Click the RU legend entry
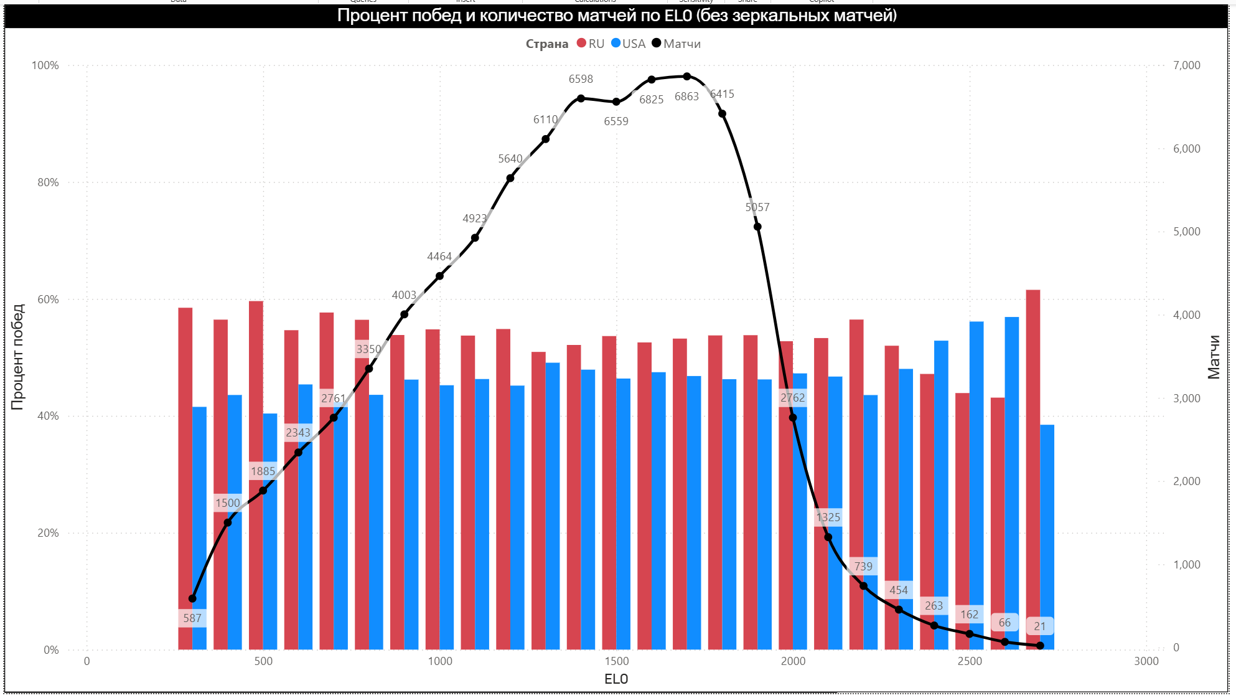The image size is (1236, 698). point(591,44)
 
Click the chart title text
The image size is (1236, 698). point(617,16)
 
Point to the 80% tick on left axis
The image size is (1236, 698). point(48,182)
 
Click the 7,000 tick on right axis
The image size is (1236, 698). point(1186,65)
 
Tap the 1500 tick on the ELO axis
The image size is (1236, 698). point(616,661)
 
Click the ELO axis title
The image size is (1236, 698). point(616,679)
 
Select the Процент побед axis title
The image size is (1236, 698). point(17,357)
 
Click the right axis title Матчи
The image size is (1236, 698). point(1214,357)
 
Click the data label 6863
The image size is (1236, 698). point(686,97)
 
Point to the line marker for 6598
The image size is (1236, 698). point(581,98)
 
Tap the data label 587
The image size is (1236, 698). point(192,618)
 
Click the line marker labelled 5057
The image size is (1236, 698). point(757,227)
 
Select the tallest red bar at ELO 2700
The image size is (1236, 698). point(1033,467)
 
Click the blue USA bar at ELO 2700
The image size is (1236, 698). point(1047,535)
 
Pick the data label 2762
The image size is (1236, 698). point(792,398)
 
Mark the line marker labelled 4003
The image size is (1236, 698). point(405,314)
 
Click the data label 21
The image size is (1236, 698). point(1039,626)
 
